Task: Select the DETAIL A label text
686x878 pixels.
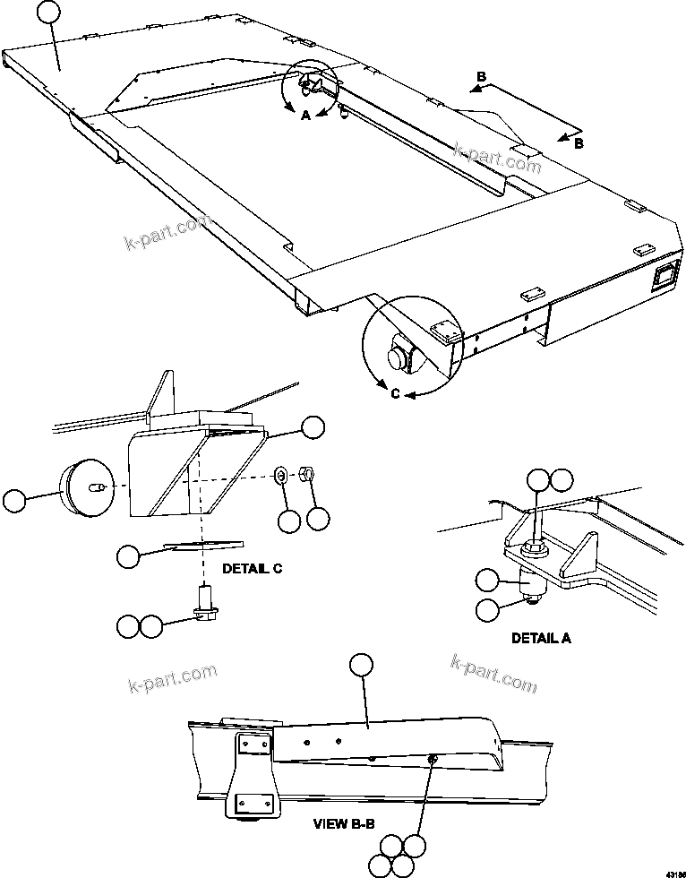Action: coord(541,639)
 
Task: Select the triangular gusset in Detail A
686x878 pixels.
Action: coord(574,552)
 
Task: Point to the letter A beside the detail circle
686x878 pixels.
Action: coord(305,116)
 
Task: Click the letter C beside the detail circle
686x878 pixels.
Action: coord(394,390)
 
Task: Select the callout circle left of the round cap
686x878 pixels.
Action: coord(14,501)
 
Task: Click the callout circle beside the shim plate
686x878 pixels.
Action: coord(129,556)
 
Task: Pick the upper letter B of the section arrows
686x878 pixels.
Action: coord(482,78)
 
